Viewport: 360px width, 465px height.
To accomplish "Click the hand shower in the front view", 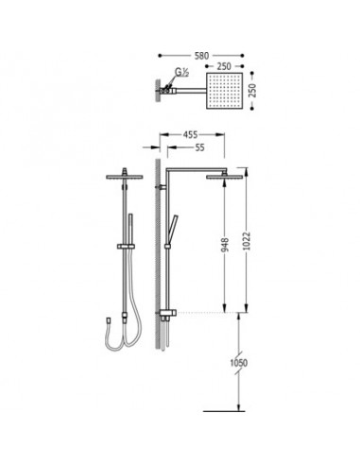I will tap(129, 227).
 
